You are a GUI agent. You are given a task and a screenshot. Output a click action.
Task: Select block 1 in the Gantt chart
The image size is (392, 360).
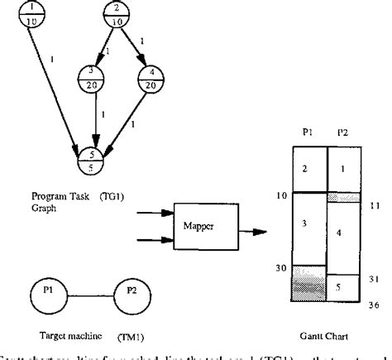click(x=344, y=169)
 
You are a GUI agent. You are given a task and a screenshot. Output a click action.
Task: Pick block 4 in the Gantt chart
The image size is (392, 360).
click(x=344, y=234)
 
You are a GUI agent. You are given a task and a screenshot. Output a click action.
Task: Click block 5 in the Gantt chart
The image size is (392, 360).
click(x=344, y=287)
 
